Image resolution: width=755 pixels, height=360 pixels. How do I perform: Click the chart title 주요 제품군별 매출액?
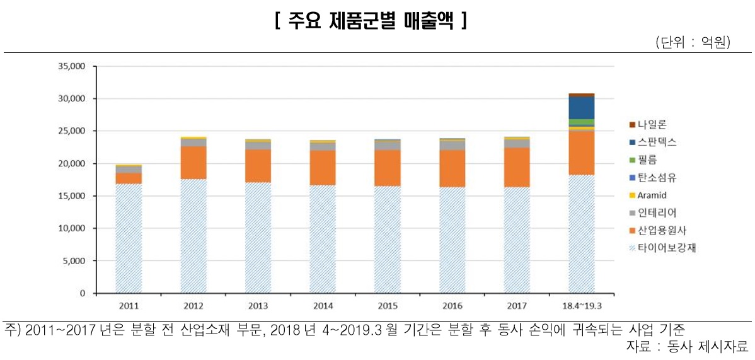pos(371,21)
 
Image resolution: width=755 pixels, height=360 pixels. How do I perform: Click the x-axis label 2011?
pos(128,306)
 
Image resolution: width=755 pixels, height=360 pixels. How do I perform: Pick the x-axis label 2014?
pos(323,306)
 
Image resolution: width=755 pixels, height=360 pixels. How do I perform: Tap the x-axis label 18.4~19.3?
pos(581,306)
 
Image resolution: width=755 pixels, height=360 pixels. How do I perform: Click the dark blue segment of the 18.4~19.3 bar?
pos(581,108)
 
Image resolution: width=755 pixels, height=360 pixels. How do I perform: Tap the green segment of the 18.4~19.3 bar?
pos(581,122)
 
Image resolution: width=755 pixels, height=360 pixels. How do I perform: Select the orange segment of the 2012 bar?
pos(193,163)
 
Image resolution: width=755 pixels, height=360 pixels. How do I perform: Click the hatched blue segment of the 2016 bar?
pos(452,240)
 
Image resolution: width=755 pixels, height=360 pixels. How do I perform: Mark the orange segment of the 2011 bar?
pos(128,178)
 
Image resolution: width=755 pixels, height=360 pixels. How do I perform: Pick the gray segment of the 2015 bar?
pos(387,146)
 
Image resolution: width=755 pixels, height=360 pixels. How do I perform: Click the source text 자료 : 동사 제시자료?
pos(687,346)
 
